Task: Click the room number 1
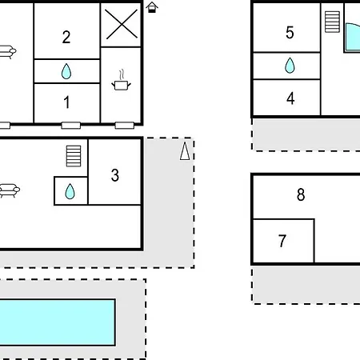[x=66, y=102]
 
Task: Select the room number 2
[x=66, y=37]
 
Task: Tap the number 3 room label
[x=115, y=175]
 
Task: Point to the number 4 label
[x=290, y=98]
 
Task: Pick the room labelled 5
[x=290, y=33]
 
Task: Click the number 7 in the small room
[x=282, y=241]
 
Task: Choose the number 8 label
[x=301, y=194]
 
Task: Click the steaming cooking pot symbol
[x=121, y=80]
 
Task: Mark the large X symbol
[x=121, y=24]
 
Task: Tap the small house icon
[x=152, y=7]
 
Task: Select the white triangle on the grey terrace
[x=185, y=151]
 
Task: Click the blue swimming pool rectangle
[x=58, y=322]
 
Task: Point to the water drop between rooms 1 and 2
[x=66, y=71]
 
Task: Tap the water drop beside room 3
[x=70, y=191]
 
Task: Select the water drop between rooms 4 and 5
[x=290, y=66]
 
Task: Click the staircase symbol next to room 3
[x=74, y=156]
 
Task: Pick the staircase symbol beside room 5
[x=332, y=22]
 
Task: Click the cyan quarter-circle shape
[x=353, y=38]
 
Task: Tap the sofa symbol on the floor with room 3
[x=10, y=190]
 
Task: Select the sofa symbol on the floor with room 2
[x=7, y=52]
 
